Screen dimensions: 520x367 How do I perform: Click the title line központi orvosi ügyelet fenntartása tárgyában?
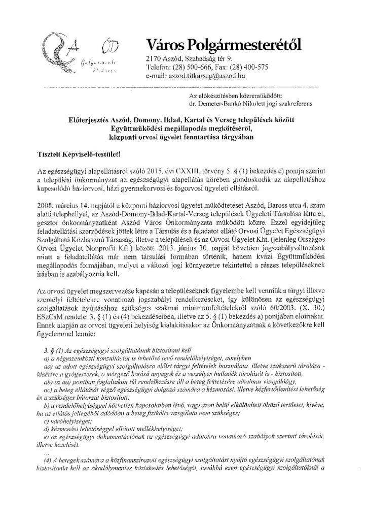point(183,136)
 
